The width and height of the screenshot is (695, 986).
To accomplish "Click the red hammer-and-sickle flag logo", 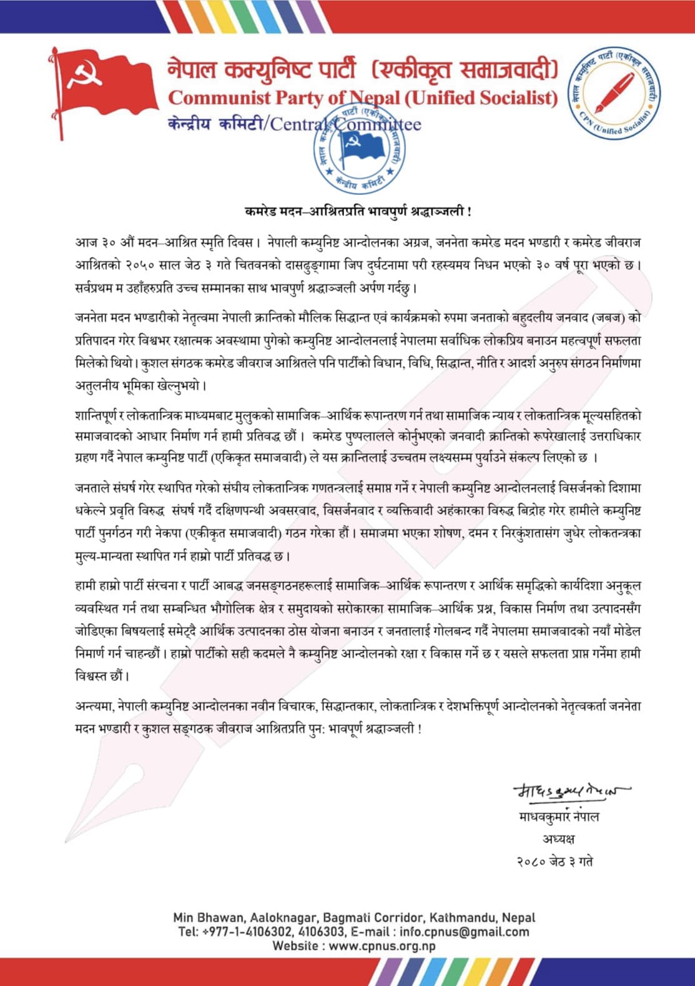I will pyautogui.click(x=103, y=87).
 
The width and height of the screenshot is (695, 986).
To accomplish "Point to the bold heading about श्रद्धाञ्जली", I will pyautogui.click(x=357, y=211).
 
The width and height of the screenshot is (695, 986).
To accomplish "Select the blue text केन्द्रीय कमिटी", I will pyautogui.click(x=215, y=124).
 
